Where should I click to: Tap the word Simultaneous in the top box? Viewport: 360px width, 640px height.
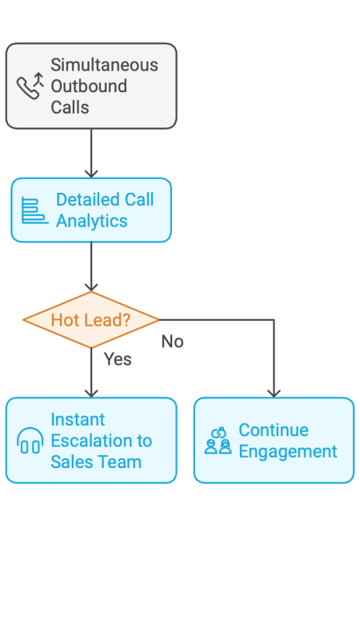104,65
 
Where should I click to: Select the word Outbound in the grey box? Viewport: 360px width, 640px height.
89,86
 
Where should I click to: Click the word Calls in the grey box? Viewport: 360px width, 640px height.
70,106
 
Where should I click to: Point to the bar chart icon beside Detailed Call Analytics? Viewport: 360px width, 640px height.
34,210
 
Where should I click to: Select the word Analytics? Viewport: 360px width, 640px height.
91,221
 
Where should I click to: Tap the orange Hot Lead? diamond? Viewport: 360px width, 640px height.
91,320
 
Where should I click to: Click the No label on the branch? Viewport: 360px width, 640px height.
172,342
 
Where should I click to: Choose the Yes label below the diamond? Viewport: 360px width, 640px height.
118,359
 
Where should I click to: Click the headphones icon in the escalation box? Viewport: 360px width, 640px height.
30,441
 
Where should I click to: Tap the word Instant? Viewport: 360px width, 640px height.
78,419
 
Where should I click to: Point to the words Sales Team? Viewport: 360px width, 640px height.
95,462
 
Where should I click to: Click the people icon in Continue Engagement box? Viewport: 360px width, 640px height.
218,441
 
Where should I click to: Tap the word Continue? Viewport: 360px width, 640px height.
273,430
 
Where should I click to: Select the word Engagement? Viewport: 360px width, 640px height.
287,451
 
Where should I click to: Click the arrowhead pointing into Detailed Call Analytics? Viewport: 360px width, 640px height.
91,172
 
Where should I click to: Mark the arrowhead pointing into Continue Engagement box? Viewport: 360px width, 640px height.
274,392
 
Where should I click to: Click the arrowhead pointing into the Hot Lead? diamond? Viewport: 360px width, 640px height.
91,286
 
